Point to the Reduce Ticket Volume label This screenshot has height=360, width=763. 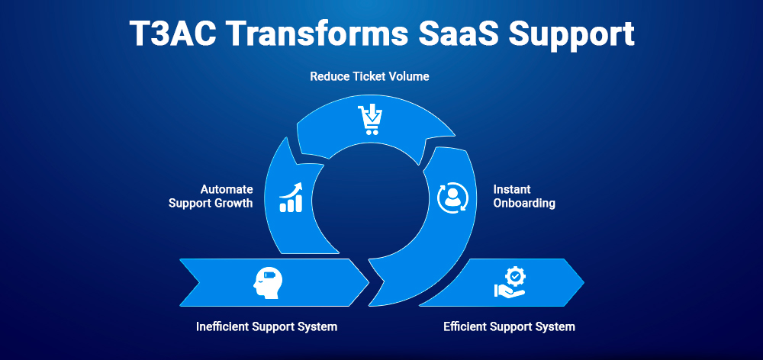(x=369, y=77)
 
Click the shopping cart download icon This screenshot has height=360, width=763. (x=369, y=120)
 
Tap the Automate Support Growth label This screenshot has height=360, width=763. (x=211, y=196)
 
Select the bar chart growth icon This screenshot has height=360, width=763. (x=291, y=196)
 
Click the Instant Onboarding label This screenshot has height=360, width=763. (x=523, y=196)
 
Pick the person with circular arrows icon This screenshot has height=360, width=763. (x=450, y=196)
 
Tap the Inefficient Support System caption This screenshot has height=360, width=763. (x=266, y=326)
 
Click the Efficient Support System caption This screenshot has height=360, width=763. (x=509, y=326)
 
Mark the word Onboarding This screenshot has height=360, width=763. (x=523, y=204)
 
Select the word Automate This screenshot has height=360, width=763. (x=227, y=188)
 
